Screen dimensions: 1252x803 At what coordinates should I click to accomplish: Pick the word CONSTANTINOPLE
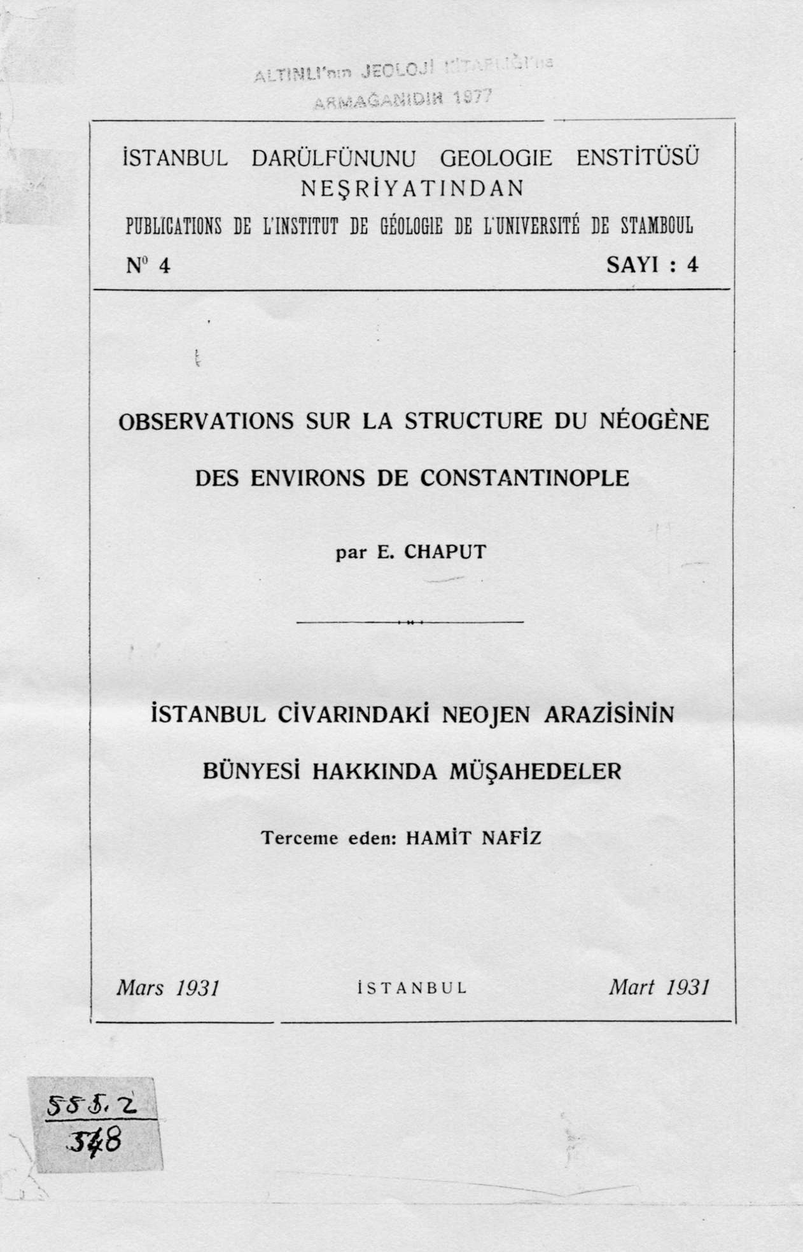pos(524,477)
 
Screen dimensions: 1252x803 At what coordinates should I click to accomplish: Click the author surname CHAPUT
pos(445,551)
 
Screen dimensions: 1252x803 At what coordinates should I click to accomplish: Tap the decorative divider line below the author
pos(410,621)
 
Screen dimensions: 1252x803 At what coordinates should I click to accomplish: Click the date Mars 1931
pos(167,987)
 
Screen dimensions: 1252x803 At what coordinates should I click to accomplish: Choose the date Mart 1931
pos(659,987)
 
